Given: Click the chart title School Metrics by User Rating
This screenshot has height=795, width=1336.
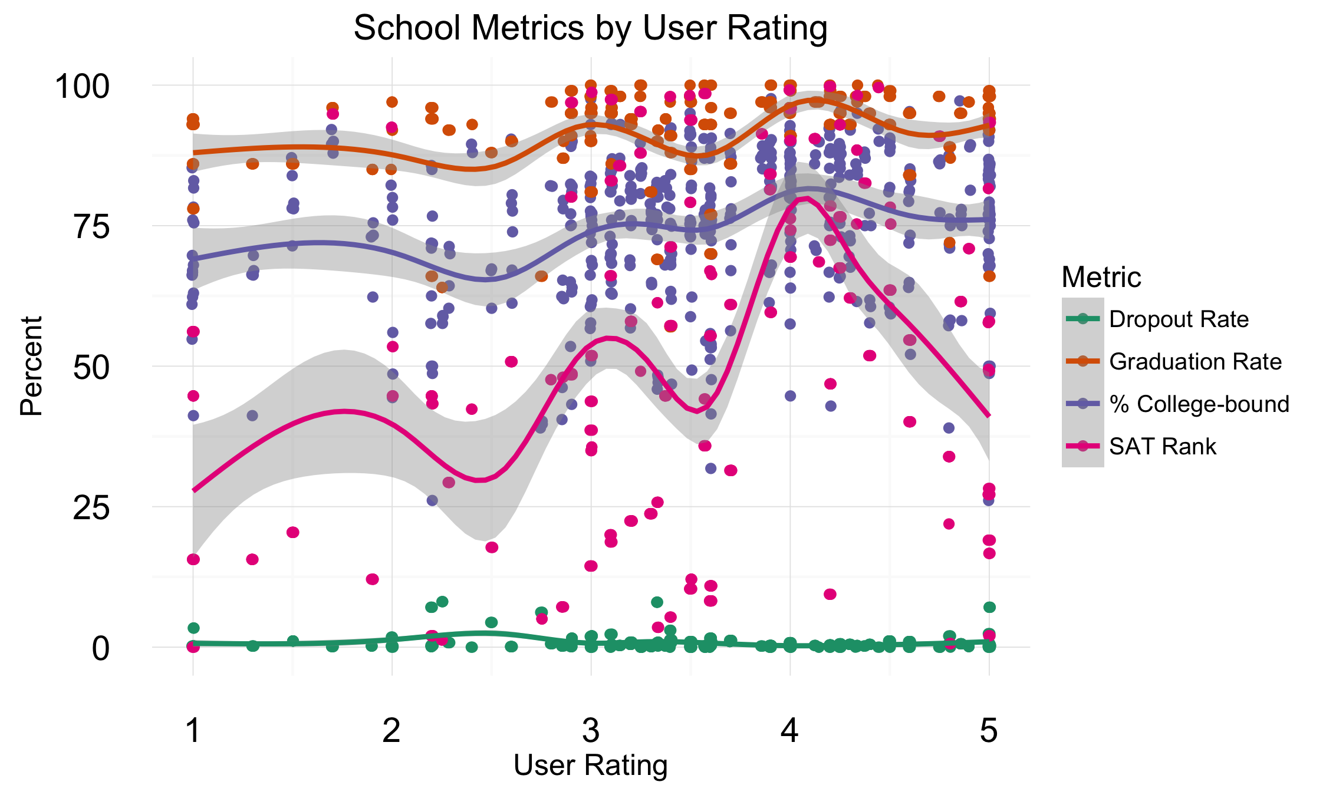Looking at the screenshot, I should [x=590, y=28].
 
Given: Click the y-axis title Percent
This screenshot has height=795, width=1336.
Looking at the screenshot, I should [x=31, y=366].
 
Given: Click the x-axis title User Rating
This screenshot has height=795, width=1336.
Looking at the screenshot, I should [x=590, y=766].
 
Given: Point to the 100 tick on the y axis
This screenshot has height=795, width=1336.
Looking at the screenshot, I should [x=82, y=86].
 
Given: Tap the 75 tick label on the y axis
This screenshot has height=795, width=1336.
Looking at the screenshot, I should [x=91, y=226].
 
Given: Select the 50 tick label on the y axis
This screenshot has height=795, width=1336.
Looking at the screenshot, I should [x=91, y=367].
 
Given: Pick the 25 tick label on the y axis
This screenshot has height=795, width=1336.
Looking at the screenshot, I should [x=91, y=507].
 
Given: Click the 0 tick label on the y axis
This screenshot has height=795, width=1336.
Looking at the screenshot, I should [x=100, y=648].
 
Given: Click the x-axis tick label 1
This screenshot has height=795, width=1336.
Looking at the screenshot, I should [x=193, y=731].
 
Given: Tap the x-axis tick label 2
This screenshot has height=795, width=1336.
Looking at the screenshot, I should [x=391, y=731].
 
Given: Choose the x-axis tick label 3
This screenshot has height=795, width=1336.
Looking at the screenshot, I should [x=591, y=731].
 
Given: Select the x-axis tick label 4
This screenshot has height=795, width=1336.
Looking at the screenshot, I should [x=790, y=731].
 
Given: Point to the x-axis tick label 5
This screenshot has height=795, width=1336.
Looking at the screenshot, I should [x=989, y=731].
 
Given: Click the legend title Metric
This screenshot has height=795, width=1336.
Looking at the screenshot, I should [x=1101, y=277].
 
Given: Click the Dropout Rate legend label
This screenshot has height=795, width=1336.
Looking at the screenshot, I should [x=1179, y=319].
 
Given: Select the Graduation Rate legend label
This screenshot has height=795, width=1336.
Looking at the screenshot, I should [x=1195, y=362].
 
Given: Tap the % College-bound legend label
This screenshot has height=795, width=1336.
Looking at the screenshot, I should [x=1199, y=404].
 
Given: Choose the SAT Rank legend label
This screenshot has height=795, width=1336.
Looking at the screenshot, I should [x=1162, y=447].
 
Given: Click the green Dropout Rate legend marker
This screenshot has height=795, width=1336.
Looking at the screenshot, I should [x=1082, y=319].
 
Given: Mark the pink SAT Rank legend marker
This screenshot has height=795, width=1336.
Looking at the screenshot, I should [x=1082, y=446].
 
